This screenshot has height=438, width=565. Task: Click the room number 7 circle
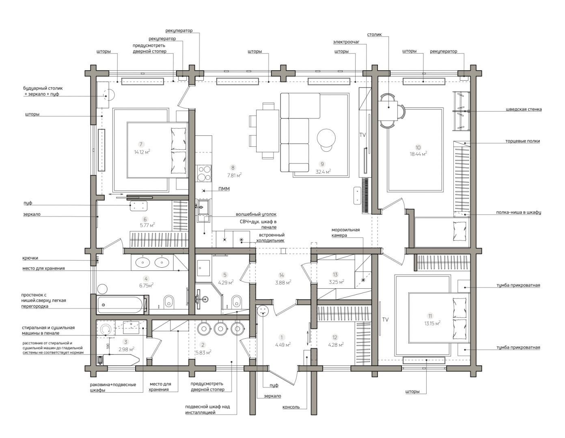point(141,144)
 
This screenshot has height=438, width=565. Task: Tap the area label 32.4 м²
point(323,172)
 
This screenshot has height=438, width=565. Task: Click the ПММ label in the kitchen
point(224,189)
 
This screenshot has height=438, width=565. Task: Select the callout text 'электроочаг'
point(346,42)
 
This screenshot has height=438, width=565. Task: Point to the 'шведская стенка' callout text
point(524,109)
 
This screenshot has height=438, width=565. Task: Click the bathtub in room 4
point(121,305)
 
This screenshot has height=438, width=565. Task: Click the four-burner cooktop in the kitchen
point(204,174)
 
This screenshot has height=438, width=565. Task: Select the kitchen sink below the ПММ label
point(203,211)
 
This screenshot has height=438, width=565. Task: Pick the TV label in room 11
point(385,320)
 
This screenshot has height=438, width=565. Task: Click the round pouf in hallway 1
point(263,311)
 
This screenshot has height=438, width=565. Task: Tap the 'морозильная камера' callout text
point(345,232)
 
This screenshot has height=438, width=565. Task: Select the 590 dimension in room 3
point(108,346)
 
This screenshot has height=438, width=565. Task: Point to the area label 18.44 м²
point(418,154)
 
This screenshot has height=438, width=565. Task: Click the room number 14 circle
point(281,275)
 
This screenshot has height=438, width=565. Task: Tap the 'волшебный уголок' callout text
point(256,214)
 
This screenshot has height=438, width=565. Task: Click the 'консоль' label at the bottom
point(291,407)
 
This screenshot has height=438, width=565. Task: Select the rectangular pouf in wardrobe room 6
point(138,206)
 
